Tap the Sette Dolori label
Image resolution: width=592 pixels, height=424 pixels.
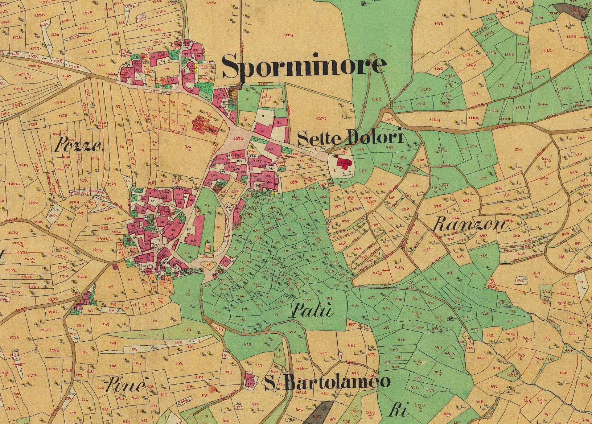click(x=351, y=138)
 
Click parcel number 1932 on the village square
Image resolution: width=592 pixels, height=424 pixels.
click(x=239, y=139)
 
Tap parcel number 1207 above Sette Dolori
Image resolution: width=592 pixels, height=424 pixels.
click(x=321, y=118)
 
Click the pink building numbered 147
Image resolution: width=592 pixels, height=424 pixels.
click(x=251, y=384)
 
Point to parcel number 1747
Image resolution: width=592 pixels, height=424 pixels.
click(x=45, y=329)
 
